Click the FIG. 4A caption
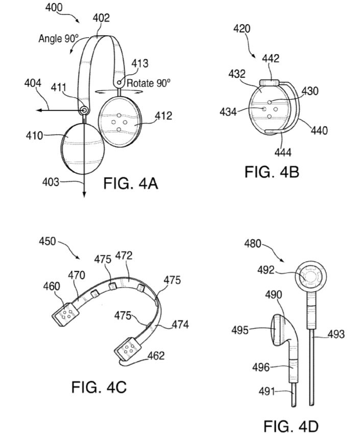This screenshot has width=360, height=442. pos(131,183)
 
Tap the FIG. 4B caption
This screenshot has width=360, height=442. pos(272,172)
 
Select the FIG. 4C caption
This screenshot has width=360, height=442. pos(99,387)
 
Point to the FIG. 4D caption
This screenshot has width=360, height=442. pos(291,426)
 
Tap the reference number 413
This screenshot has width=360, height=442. pos(140,63)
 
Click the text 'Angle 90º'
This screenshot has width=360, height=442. pos(58,38)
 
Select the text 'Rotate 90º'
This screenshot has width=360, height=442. pos(149,83)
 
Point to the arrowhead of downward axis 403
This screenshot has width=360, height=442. pos(84,195)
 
